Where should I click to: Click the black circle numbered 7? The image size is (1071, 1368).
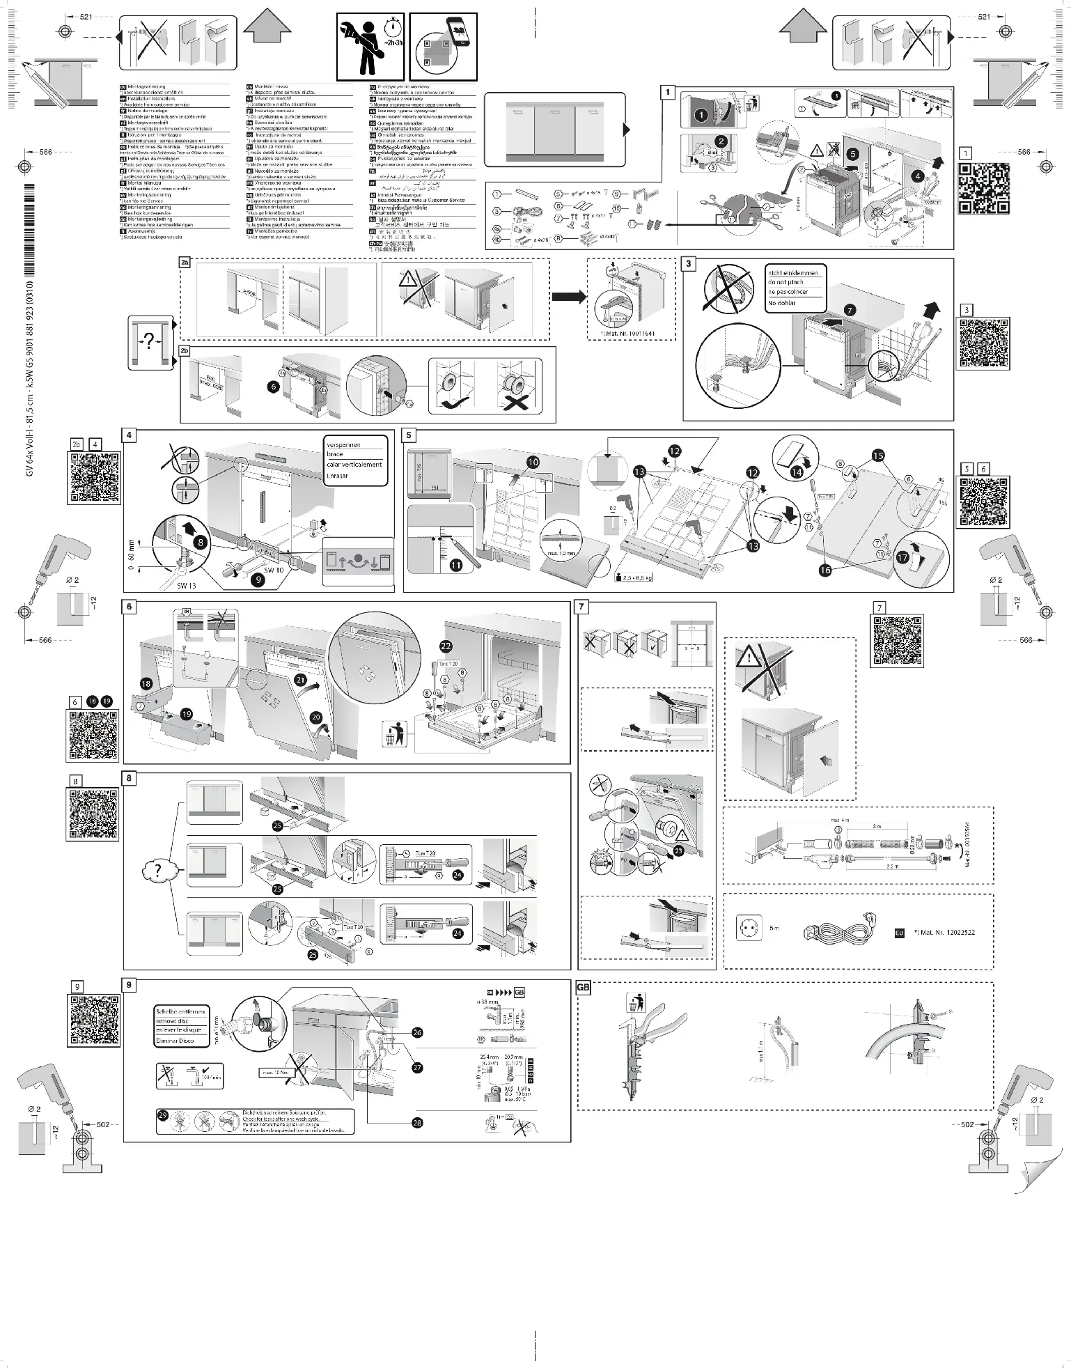pyautogui.click(x=850, y=310)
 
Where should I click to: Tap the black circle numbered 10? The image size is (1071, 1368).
pyautogui.click(x=533, y=462)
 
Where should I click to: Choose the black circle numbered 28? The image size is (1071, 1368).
pyautogui.click(x=417, y=1123)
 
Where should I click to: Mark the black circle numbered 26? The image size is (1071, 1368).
pyautogui.click(x=417, y=1032)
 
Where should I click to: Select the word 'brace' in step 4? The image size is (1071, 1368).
pyautogui.click(x=335, y=454)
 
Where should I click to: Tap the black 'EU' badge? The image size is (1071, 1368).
pyautogui.click(x=899, y=932)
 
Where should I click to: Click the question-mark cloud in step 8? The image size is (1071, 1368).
pyautogui.click(x=158, y=871)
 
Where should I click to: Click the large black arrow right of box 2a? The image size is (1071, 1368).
pyautogui.click(x=568, y=297)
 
